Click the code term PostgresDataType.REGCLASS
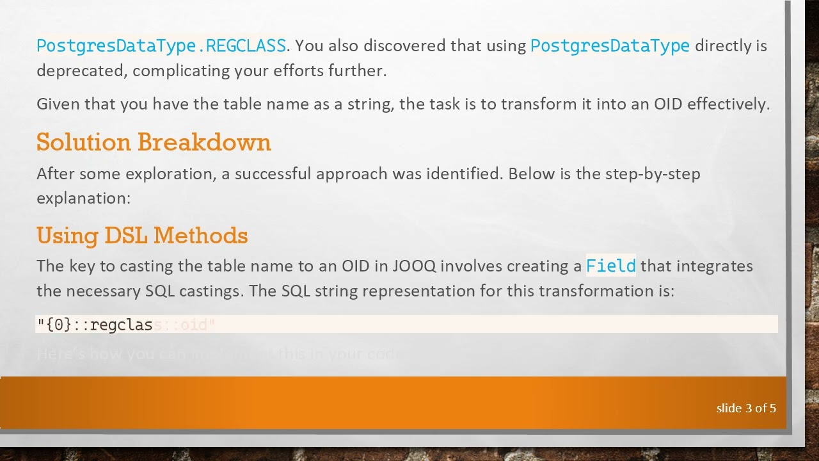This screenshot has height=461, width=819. click(161, 46)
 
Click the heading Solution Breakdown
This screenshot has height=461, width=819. click(154, 142)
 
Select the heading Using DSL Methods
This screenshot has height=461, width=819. click(142, 236)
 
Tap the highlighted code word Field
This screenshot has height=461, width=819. click(610, 266)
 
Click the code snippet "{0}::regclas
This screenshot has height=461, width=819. click(95, 325)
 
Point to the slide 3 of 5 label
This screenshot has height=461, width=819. click(745, 408)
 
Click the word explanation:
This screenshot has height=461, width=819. click(83, 198)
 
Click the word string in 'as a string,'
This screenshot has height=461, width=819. click(370, 104)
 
